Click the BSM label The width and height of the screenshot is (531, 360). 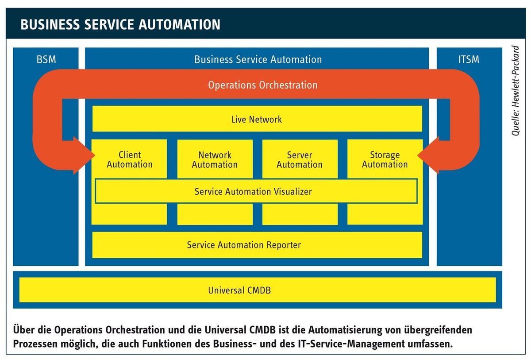pyautogui.click(x=46, y=59)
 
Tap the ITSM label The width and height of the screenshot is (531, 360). pyautogui.click(x=469, y=59)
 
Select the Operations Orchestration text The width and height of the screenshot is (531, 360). pyautogui.click(x=263, y=85)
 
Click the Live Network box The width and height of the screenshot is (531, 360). pyautogui.click(x=257, y=119)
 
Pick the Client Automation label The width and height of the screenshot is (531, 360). pyautogui.click(x=130, y=159)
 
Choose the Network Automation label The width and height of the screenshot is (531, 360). pyautogui.click(x=215, y=160)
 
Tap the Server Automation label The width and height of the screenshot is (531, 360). pyautogui.click(x=300, y=160)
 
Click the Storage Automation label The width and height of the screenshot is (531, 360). pyautogui.click(x=385, y=159)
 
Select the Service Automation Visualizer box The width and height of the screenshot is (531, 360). pyautogui.click(x=256, y=191)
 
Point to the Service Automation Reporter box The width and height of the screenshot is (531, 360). pyautogui.click(x=257, y=245)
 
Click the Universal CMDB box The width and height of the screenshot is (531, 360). pyautogui.click(x=258, y=290)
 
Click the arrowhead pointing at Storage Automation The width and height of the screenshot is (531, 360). pyautogui.click(x=428, y=155)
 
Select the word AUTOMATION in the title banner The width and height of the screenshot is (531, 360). pyautogui.click(x=180, y=24)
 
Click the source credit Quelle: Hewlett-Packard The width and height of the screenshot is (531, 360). pyautogui.click(x=516, y=91)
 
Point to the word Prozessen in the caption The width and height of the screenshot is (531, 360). pyautogui.click(x=35, y=344)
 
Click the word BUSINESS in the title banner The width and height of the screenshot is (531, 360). pyautogui.click(x=50, y=24)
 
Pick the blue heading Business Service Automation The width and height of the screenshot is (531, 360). pyautogui.click(x=258, y=59)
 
